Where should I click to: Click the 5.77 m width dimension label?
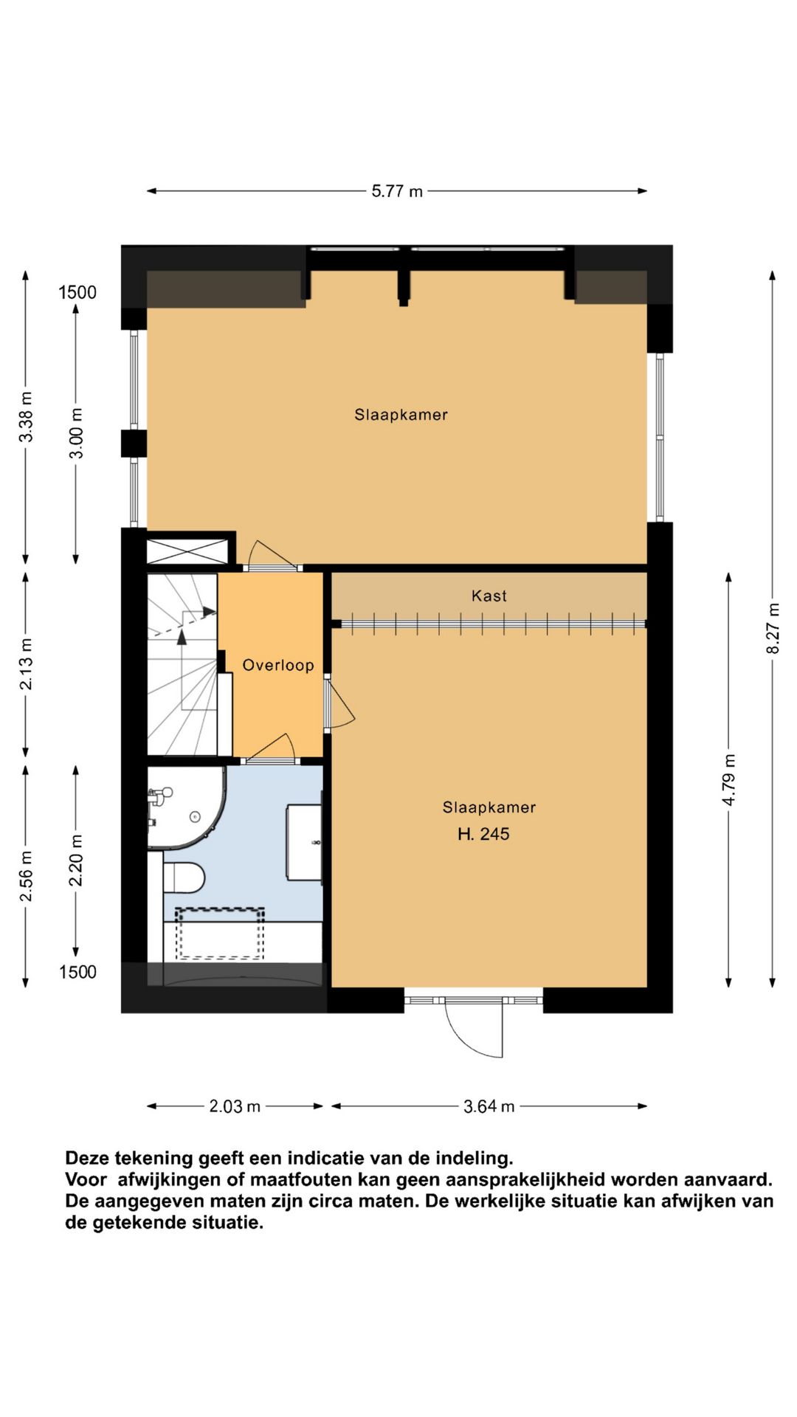click(397, 191)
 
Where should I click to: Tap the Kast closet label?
click(489, 596)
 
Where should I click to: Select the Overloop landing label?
click(278, 665)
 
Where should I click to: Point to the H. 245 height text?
click(483, 834)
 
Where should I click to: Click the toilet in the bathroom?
click(184, 877)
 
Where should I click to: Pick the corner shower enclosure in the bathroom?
click(186, 808)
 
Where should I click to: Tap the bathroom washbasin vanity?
click(304, 842)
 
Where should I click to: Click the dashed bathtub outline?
click(220, 934)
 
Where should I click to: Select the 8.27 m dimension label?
click(773, 629)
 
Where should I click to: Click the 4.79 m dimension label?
click(729, 780)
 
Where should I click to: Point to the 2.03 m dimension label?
click(235, 1106)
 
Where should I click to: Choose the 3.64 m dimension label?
click(489, 1106)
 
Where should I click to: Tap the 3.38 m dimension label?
click(26, 417)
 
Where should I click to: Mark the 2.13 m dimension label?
click(26, 665)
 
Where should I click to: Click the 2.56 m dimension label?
click(26, 876)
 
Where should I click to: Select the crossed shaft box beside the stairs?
click(187, 551)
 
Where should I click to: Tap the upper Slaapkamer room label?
click(401, 415)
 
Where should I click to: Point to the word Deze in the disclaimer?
click(87, 1158)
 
